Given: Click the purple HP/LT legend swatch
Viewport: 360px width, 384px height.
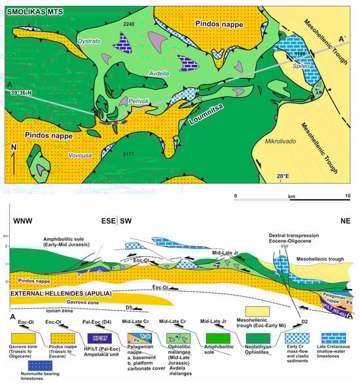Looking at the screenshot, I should coord(100,340).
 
